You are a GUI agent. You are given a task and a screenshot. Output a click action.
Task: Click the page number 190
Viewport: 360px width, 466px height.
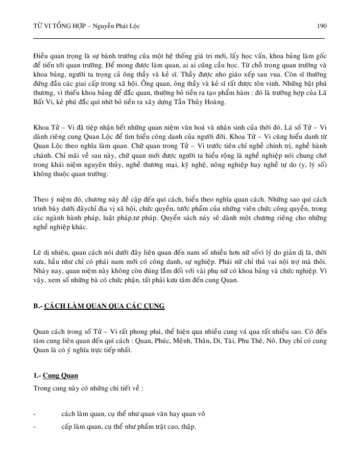coord(321,25)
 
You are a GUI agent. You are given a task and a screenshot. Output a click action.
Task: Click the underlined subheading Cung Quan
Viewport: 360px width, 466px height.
coord(60,376)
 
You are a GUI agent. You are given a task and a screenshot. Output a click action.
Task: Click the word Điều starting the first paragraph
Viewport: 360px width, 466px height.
coord(40,54)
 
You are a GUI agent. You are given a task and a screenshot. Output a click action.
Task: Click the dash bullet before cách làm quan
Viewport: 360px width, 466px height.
coord(34,413)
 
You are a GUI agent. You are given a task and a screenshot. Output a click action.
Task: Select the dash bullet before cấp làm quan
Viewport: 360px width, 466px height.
coord(34,426)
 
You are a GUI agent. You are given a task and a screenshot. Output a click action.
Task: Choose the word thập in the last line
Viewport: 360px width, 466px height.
coord(187,426)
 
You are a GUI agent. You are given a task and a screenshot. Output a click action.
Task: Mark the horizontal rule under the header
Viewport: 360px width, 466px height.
coord(179,38)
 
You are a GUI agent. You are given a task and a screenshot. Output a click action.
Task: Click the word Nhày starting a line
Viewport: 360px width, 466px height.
coord(42,271)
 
